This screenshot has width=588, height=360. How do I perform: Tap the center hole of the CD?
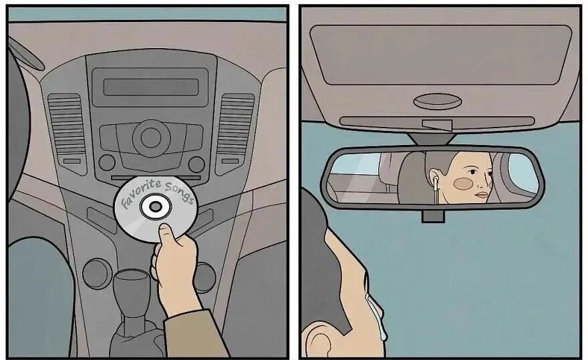tap(155, 206)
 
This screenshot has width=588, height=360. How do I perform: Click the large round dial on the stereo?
tap(151, 138)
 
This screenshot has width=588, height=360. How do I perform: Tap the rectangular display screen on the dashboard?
tap(151, 87)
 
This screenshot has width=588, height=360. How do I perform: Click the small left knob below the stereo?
tap(108, 163)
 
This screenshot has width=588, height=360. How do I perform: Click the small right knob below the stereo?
tap(196, 164)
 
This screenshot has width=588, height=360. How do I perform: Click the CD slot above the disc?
tap(156, 177)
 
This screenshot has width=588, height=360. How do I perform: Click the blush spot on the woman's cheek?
tap(463, 183)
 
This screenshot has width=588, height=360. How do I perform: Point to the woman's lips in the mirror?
tap(482, 195)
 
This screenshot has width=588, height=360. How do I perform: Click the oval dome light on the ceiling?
tap(438, 102)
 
